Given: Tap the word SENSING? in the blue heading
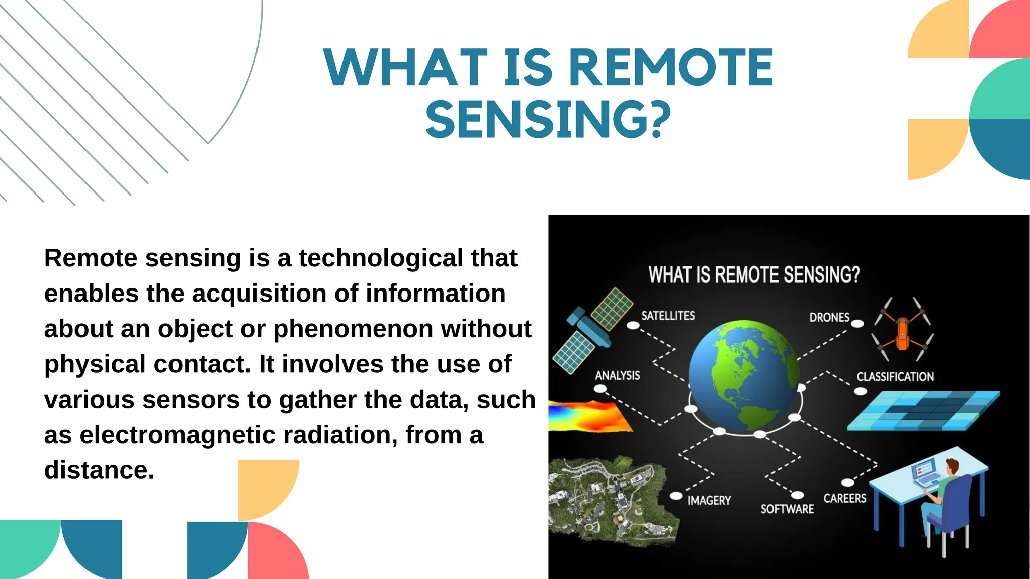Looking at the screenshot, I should pyautogui.click(x=548, y=120).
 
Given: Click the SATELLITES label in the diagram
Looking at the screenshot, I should pyautogui.click(x=668, y=316).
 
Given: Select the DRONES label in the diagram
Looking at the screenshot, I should pyautogui.click(x=829, y=318).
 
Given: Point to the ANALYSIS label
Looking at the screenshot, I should pyautogui.click(x=617, y=376).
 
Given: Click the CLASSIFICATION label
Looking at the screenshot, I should pyautogui.click(x=895, y=377).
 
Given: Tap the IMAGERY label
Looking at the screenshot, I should pyautogui.click(x=709, y=501).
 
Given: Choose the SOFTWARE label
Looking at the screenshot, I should pyautogui.click(x=787, y=509).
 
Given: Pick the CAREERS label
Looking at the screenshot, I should pyautogui.click(x=844, y=498).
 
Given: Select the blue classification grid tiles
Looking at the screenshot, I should pyautogui.click(x=923, y=411).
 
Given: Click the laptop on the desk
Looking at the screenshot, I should pyautogui.click(x=925, y=473).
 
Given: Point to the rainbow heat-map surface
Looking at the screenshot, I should pyautogui.click(x=588, y=417).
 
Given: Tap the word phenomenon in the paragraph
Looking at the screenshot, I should pyautogui.click(x=353, y=329).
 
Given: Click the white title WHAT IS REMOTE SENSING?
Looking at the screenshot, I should pyautogui.click(x=753, y=275).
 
